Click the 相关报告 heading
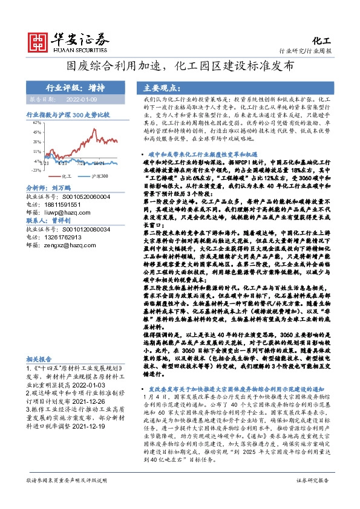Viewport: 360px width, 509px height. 39,358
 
